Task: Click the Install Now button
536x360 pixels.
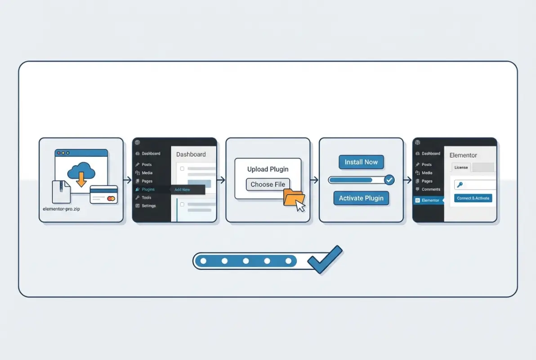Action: (361, 162)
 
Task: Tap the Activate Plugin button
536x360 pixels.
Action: (361, 198)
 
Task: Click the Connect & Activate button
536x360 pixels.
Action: (473, 198)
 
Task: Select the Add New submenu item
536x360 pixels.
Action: (183, 190)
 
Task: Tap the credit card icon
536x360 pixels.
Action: (103, 194)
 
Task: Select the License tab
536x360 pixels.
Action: (461, 167)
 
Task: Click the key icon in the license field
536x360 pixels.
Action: (460, 185)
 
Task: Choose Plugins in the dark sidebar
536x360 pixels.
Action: (148, 189)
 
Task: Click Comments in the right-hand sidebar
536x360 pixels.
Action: (431, 189)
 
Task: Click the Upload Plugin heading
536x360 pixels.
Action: (268, 169)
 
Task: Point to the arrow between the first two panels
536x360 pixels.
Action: (128, 180)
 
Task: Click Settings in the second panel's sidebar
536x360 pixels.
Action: (148, 206)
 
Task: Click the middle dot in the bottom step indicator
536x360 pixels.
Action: (246, 261)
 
